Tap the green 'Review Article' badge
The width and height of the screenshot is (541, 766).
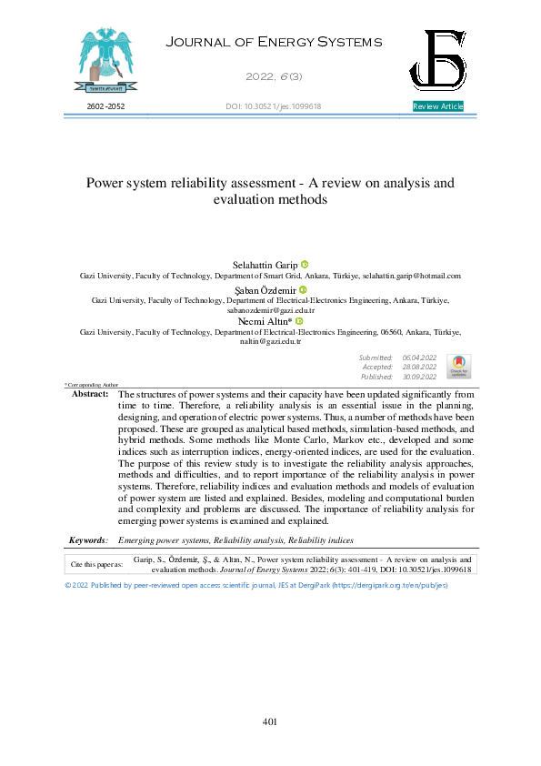click(438, 106)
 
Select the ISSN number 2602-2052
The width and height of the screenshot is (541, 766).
click(105, 106)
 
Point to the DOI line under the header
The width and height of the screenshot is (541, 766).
click(273, 106)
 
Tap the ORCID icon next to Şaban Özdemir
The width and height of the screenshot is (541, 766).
click(303, 289)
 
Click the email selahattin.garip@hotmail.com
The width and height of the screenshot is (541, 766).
click(412, 275)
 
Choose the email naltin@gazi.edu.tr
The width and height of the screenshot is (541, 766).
click(270, 341)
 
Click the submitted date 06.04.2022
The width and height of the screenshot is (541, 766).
click(419, 358)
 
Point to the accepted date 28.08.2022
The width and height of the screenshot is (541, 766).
click(419, 368)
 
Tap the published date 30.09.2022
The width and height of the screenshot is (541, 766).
click(419, 377)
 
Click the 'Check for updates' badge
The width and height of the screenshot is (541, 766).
click(458, 367)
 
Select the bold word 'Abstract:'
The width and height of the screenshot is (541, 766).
click(90, 394)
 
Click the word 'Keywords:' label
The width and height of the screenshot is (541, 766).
click(89, 540)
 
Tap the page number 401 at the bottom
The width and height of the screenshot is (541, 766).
click(269, 721)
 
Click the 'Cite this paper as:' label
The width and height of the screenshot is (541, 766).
click(97, 564)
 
